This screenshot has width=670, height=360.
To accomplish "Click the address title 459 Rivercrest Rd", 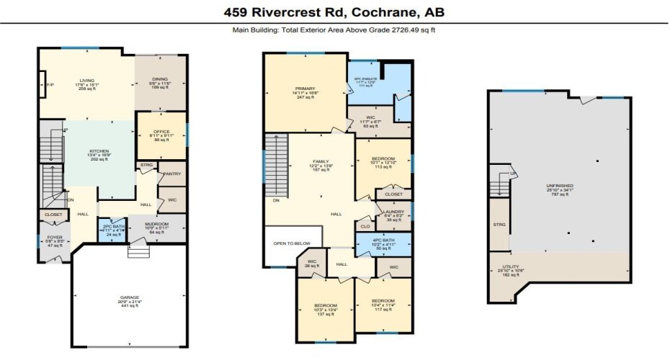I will pos(334,13).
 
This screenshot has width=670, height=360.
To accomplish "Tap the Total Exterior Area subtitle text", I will pos(334,30).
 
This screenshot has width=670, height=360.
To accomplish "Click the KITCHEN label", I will pos(99,151).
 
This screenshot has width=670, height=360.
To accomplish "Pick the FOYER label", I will pos(55,237).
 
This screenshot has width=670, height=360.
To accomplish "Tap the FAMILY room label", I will pos(321,162).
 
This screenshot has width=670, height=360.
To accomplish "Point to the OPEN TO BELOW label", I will pos(291,243).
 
